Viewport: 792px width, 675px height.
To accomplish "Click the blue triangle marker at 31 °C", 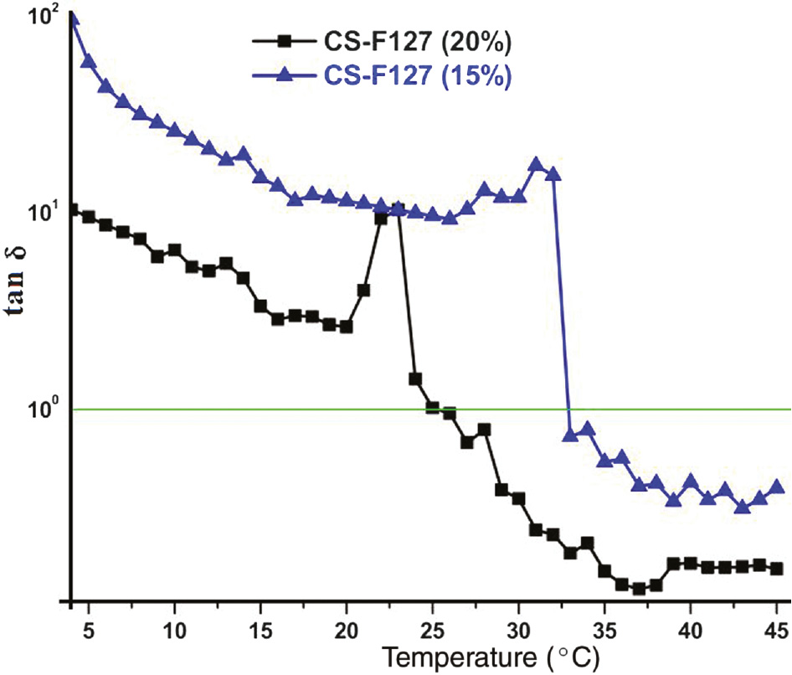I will (x=536, y=164).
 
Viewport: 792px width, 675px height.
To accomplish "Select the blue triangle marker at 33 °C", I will (x=570, y=434).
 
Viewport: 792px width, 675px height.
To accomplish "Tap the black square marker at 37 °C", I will (x=639, y=589).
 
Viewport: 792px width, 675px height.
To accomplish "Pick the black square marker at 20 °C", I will (x=347, y=327).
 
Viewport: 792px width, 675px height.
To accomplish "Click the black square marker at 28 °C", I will (x=484, y=429).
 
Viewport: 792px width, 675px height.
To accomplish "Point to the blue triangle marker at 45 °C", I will (x=776, y=487).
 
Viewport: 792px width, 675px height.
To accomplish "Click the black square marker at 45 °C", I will (x=776, y=569).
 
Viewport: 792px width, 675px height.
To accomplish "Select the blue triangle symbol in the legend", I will (x=283, y=75).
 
